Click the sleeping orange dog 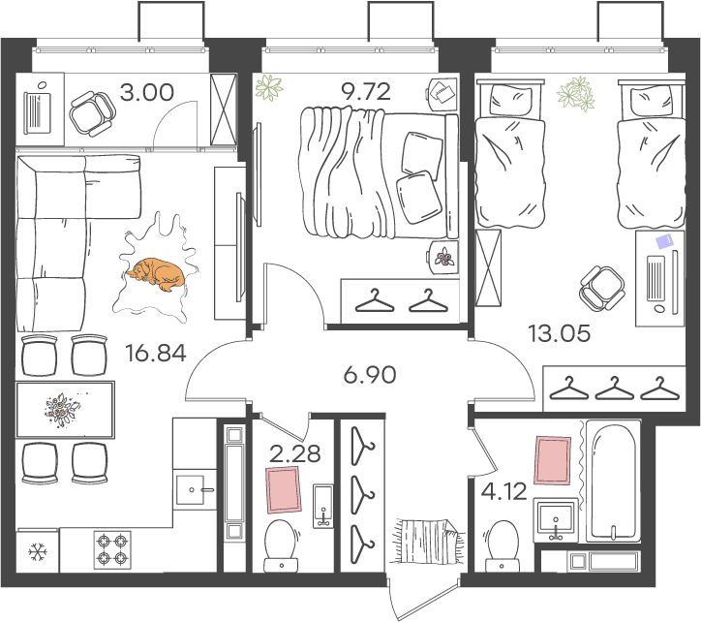(157, 274)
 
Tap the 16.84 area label (156, 353)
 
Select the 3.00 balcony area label (146, 92)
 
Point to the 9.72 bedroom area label (366, 91)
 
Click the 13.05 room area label (559, 333)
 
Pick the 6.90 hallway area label (370, 375)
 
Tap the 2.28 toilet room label (295, 453)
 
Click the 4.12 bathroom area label (503, 492)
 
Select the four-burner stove (112, 550)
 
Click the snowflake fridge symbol (38, 552)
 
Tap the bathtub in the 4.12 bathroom (614, 482)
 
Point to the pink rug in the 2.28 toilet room (284, 490)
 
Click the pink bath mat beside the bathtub (553, 460)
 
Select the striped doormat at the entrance (428, 542)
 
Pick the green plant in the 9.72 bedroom (269, 87)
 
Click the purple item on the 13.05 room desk (664, 240)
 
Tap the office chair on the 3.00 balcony (93, 113)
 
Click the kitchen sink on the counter (195, 490)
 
